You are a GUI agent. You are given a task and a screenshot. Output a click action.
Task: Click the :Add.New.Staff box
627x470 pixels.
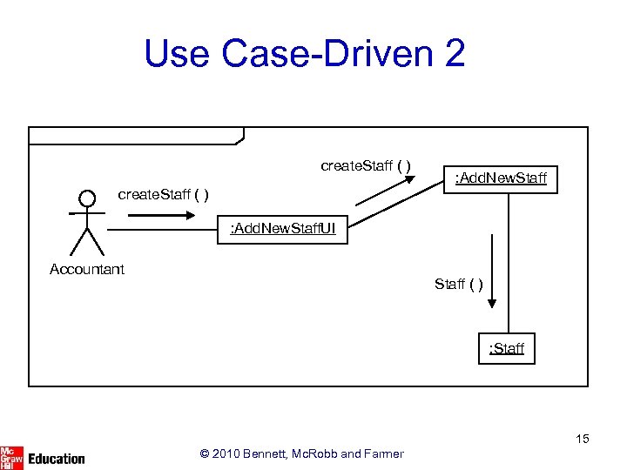[x=501, y=178]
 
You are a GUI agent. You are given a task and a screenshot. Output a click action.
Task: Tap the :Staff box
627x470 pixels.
[x=506, y=349]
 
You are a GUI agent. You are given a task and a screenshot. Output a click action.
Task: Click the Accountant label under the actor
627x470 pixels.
[x=87, y=269]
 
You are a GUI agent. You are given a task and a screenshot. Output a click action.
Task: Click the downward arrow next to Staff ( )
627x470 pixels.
[x=492, y=270]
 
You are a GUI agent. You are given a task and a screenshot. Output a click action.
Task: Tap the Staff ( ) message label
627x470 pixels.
[x=459, y=284]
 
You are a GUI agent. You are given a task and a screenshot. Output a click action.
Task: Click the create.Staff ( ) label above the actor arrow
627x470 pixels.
[x=163, y=193]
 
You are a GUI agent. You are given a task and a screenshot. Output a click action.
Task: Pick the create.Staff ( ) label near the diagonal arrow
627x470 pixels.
[x=366, y=165]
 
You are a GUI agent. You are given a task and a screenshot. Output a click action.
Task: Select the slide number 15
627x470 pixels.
[x=581, y=439]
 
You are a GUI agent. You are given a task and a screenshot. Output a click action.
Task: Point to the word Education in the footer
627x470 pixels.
[x=57, y=458]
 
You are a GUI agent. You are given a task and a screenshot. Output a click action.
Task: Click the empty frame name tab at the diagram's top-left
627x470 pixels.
[x=136, y=135]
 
